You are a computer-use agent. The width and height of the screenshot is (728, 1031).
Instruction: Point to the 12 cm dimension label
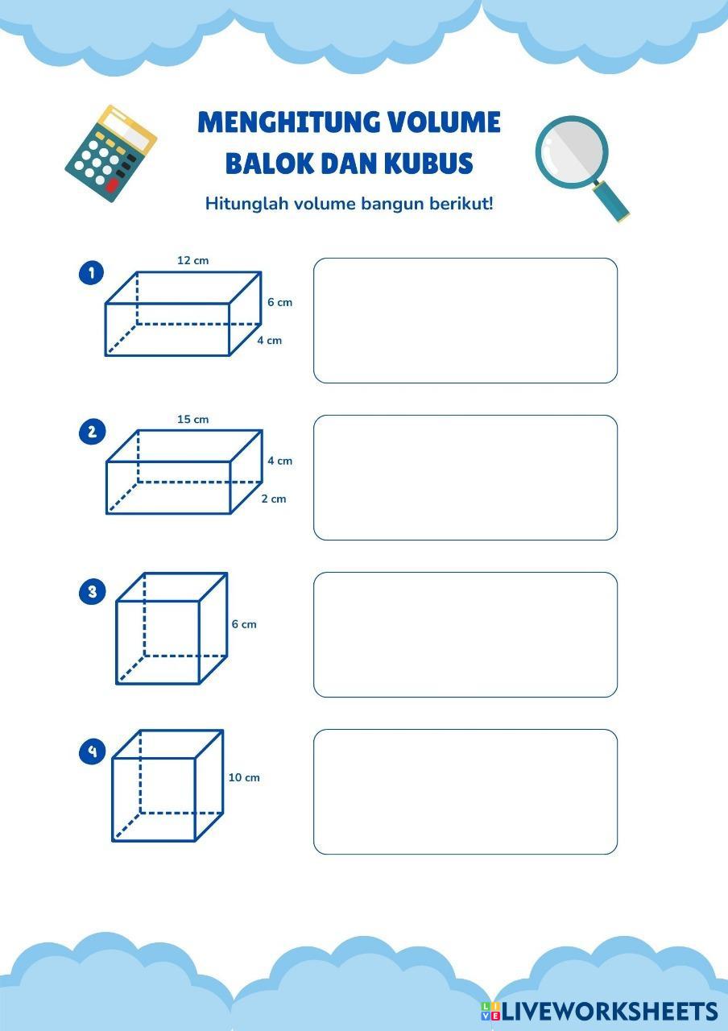(192, 260)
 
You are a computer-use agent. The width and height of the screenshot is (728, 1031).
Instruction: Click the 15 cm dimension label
(192, 419)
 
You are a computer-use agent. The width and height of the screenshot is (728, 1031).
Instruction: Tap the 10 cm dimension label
(244, 777)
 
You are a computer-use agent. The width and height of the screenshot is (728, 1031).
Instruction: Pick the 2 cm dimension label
(274, 499)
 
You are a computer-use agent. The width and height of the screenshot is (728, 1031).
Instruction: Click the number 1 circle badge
(92, 273)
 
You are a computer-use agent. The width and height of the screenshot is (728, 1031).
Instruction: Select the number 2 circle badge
(92, 432)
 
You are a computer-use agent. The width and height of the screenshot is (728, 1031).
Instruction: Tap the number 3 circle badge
(92, 592)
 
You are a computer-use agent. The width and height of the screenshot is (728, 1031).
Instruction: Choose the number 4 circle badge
(92, 752)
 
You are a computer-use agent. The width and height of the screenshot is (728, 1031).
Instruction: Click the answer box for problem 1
(465, 321)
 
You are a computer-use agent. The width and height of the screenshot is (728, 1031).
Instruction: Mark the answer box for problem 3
(465, 635)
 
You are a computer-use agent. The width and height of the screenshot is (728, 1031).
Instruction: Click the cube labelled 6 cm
(171, 628)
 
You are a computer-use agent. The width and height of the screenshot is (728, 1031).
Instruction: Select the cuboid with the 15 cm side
(184, 472)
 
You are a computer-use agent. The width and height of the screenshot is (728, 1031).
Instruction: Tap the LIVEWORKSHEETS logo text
(609, 1012)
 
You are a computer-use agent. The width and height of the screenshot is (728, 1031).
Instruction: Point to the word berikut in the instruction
(462, 203)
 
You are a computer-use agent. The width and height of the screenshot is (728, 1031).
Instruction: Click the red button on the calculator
(112, 186)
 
